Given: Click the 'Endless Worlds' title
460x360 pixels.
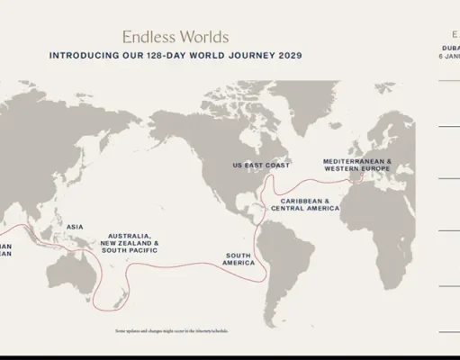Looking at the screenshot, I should click(x=175, y=37).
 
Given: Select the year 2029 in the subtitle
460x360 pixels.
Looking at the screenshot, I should click(x=287, y=56).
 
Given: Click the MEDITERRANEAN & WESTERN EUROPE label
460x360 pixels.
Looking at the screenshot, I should click(x=356, y=166).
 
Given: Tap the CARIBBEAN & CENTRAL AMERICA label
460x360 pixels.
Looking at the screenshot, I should click(x=309, y=204).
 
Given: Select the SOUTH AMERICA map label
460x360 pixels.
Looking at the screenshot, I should click(x=239, y=259).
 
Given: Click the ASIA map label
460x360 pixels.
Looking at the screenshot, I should click(x=75, y=227).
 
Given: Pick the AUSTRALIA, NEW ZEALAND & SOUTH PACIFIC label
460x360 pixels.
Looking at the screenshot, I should click(x=130, y=243).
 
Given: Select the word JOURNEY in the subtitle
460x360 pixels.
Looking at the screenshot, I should click(x=255, y=56).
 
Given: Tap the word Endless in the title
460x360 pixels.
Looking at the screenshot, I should click(x=151, y=37).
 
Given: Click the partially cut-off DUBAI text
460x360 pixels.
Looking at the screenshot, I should click(x=449, y=45).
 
